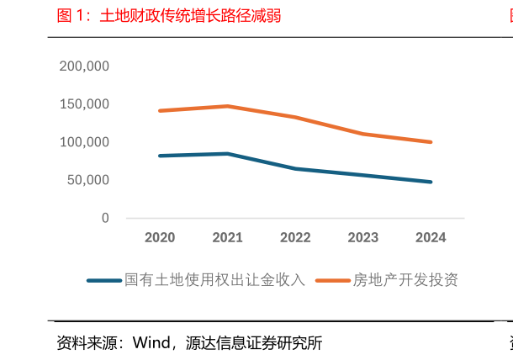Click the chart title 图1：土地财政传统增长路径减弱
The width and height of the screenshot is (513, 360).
pos(168,16)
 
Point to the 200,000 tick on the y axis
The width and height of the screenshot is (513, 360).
pos(84,66)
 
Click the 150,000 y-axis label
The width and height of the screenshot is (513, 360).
pos(84,104)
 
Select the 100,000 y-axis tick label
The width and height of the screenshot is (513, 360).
pos(84,142)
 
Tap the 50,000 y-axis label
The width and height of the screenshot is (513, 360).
pos(87,180)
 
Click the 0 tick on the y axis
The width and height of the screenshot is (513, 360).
pos(105,218)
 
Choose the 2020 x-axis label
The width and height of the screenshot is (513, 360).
pos(160,238)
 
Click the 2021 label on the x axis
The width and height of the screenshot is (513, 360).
pos(227,238)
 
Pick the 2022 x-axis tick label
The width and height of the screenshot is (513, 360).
pos(295,238)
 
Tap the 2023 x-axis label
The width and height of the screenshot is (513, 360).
pos(363,238)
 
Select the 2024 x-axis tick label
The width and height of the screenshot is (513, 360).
pos(431,238)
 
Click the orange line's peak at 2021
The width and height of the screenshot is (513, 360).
pos(227,106)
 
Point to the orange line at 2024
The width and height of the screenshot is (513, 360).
pos(431,142)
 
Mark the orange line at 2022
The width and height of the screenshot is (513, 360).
pos(295,117)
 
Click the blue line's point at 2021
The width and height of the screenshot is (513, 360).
pos(227,154)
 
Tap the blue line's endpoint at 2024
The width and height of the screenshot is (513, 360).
pos(431,182)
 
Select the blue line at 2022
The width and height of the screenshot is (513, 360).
pos(295,168)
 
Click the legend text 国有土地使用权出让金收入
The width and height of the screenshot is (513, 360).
pos(214,280)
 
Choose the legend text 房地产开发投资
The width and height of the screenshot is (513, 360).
pos(405,280)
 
